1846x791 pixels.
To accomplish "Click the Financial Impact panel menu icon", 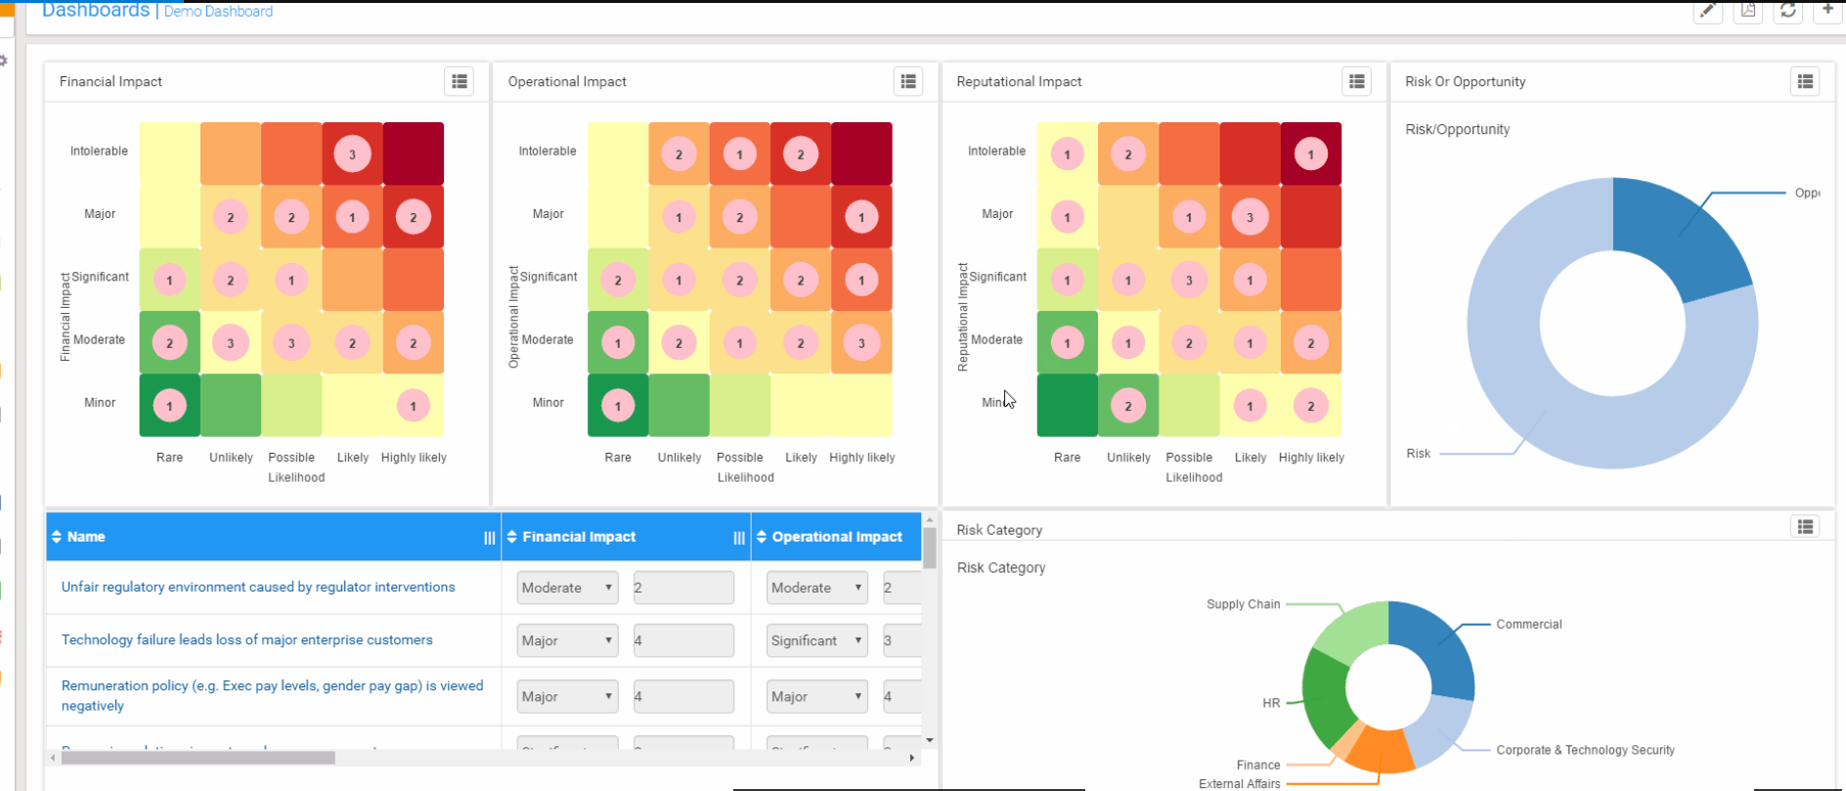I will (x=459, y=81).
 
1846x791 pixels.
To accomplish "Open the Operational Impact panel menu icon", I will (x=908, y=81).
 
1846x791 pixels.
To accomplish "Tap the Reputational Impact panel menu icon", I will (x=1356, y=81).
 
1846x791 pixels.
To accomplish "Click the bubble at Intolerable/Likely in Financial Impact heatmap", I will (x=352, y=154).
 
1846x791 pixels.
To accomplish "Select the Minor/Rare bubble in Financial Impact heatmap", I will (x=169, y=406).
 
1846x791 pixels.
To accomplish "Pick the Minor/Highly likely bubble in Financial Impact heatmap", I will (x=413, y=406).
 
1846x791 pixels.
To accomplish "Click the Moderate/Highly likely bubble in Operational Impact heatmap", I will (x=861, y=343).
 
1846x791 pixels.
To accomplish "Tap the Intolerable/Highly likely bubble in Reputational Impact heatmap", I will (x=1310, y=154).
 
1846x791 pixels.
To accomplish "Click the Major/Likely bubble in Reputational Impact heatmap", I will (x=1250, y=217).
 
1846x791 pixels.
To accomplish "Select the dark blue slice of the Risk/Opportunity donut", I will (x=1677, y=235).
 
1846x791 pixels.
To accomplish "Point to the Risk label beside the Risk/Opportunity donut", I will (x=1418, y=454).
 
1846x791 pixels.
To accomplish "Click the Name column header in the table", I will (x=86, y=537).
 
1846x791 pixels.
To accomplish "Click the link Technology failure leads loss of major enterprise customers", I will (x=246, y=639).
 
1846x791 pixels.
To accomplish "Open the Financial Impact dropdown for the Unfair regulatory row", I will (x=567, y=588).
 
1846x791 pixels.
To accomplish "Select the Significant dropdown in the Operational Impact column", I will (x=816, y=640).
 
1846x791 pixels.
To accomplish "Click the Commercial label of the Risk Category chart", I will (x=1528, y=624).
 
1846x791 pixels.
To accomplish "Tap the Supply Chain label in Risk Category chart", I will (x=1243, y=604).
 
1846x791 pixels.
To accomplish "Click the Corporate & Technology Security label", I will (x=1585, y=750).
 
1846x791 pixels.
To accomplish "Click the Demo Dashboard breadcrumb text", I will (x=218, y=12).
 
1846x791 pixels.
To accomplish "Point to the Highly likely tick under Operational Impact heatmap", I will (x=861, y=458).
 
